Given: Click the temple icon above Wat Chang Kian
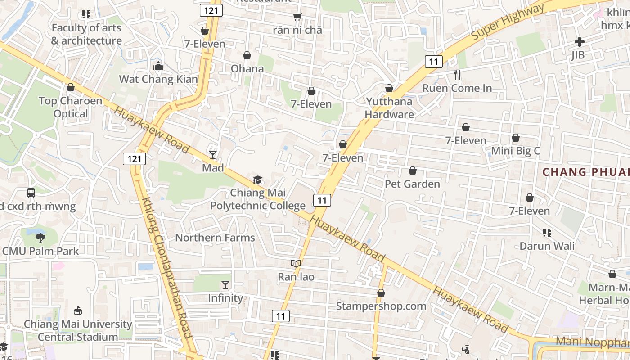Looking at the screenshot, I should pos(158,66).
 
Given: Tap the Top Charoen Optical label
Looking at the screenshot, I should pos(71,107).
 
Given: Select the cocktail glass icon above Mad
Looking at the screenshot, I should pos(213,155).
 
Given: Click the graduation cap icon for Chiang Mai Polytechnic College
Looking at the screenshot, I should pos(257,180).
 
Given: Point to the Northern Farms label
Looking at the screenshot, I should pos(215,238).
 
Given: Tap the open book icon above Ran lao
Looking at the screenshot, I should pos(296,264).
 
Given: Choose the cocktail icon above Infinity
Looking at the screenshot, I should pos(225,285).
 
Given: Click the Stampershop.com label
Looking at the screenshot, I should pos(381,306).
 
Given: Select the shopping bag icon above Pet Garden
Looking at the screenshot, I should pos(412,171).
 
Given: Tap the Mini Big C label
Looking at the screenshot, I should pos(515,151).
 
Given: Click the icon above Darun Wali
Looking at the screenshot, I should pos(547,233).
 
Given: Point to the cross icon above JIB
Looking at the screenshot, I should pos(579,42).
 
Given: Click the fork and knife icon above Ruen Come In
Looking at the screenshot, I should pos(457,75).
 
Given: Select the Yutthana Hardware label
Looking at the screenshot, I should pos(389,108).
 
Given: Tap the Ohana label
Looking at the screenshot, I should pos(247,68).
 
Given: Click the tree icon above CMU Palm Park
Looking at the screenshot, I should pos(40,238).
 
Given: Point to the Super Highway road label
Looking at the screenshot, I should pos(508,22).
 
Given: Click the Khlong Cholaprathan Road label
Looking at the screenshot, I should pos(167,268).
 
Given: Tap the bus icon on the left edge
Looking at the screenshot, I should pos(31,193).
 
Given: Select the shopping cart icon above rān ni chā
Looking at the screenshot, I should pos(297,17).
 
